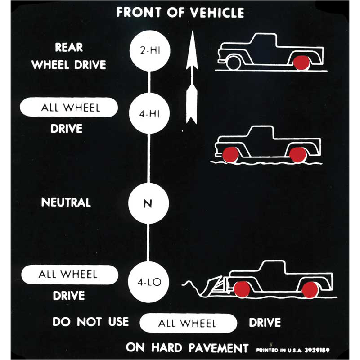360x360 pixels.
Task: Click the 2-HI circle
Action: click(x=150, y=50)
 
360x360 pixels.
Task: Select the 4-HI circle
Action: click(x=149, y=113)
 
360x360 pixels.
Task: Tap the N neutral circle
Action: click(x=148, y=203)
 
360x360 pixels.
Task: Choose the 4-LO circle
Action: click(x=148, y=282)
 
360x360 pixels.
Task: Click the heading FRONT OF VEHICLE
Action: click(x=180, y=13)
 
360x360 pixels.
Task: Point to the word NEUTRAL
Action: click(x=66, y=202)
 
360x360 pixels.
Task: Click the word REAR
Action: click(x=69, y=47)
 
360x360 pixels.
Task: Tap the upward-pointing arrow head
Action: click(x=192, y=50)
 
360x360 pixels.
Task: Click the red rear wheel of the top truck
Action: click(x=301, y=63)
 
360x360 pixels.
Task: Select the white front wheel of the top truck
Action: click(x=234, y=63)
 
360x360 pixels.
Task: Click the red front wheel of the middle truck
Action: click(x=231, y=154)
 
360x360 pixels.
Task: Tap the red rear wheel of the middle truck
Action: click(x=298, y=155)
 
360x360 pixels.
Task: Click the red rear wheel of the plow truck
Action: click(x=310, y=290)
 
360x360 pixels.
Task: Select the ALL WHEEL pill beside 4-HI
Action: click(x=69, y=108)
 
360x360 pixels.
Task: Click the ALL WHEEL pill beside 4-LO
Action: click(x=70, y=274)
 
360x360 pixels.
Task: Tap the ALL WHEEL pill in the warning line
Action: click(x=188, y=323)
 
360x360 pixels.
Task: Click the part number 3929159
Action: click(x=317, y=350)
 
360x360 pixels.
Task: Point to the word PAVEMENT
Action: click(x=219, y=348)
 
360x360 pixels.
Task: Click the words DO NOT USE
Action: click(x=90, y=322)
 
